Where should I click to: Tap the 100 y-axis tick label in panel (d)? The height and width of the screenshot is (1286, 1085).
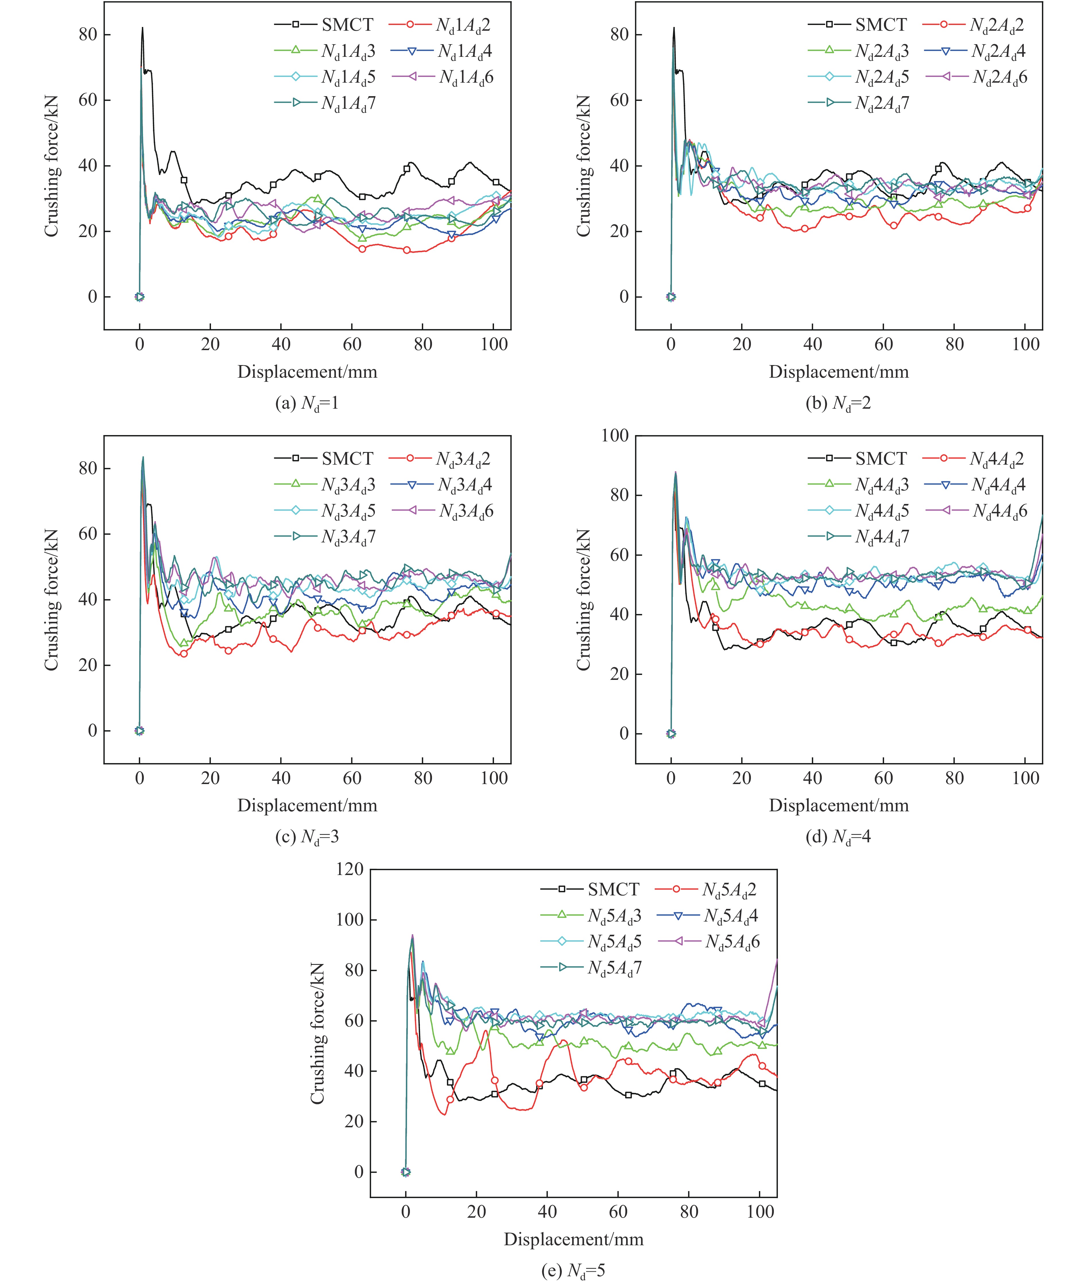(x=615, y=435)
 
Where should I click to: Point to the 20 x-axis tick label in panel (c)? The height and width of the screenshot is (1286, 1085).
(x=210, y=778)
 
